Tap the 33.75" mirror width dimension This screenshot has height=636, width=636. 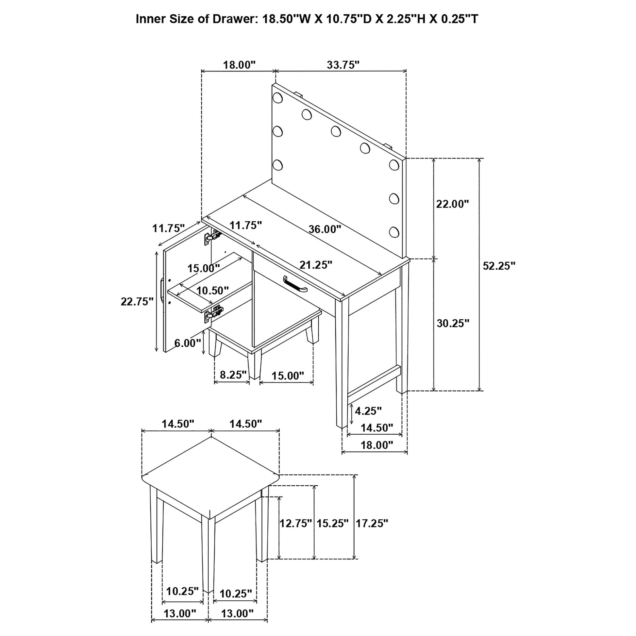pyautogui.click(x=343, y=65)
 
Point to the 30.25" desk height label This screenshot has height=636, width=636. pyautogui.click(x=453, y=323)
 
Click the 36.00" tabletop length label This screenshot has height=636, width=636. pyautogui.click(x=325, y=229)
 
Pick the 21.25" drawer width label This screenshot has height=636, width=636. pyautogui.click(x=316, y=265)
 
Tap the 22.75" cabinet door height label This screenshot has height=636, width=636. pyautogui.click(x=137, y=301)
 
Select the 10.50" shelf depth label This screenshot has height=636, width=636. pyautogui.click(x=212, y=290)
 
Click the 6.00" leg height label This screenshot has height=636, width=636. pyautogui.click(x=187, y=343)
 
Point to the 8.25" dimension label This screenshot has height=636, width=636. pyautogui.click(x=233, y=375)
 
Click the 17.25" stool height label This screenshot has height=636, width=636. pyautogui.click(x=372, y=523)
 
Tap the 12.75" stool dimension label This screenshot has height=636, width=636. pyautogui.click(x=295, y=523)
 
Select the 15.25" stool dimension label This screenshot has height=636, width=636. pyautogui.click(x=332, y=523)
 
